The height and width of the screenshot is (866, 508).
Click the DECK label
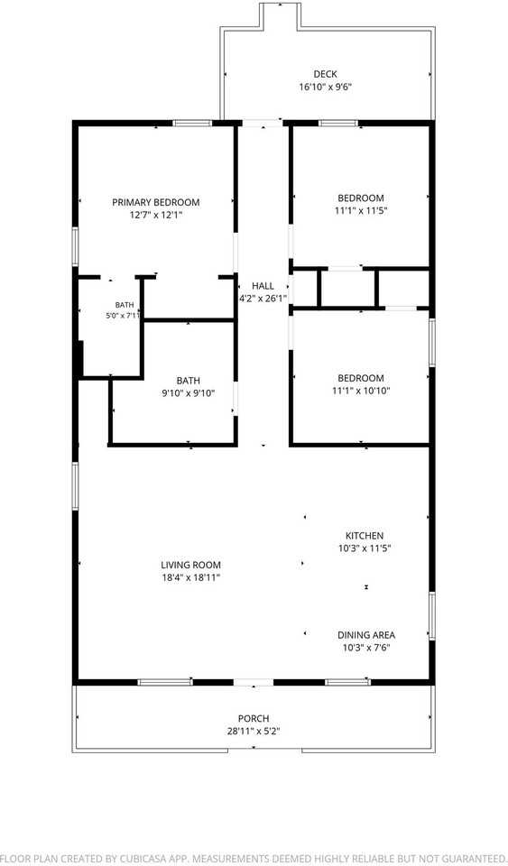[325, 74]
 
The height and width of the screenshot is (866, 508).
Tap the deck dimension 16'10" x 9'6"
[325, 87]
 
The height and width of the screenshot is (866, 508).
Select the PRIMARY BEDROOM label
[156, 202]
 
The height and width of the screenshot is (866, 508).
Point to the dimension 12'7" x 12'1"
[156, 215]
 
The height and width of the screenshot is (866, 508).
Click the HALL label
[263, 286]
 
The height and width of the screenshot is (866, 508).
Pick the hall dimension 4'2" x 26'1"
[263, 299]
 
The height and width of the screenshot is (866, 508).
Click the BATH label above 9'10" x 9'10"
[189, 381]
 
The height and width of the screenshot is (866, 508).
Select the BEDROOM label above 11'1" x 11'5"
[361, 198]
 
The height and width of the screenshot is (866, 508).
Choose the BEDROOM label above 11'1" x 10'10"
[361, 378]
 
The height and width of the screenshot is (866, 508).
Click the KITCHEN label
[365, 536]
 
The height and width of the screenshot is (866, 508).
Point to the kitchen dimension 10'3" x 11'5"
[365, 548]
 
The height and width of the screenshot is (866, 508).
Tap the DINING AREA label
[366, 635]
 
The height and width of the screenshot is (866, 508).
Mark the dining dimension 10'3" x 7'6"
[366, 648]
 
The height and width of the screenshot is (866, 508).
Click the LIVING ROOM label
[191, 565]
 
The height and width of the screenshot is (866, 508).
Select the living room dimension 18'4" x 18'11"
[191, 577]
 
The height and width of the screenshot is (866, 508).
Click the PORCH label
[254, 719]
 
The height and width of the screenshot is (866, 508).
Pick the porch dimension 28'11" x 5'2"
[254, 732]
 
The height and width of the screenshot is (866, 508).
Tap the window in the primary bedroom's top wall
[193, 124]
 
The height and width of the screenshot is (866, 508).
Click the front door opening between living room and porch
[254, 682]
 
